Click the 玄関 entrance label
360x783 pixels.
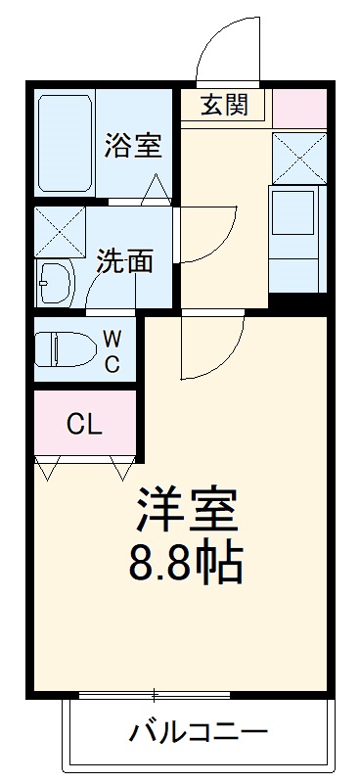coord(224,105)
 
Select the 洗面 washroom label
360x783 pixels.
coord(125,260)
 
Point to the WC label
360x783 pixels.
coord(112,351)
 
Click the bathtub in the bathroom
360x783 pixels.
coord(65,144)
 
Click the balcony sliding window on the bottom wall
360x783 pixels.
coord(154,695)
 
